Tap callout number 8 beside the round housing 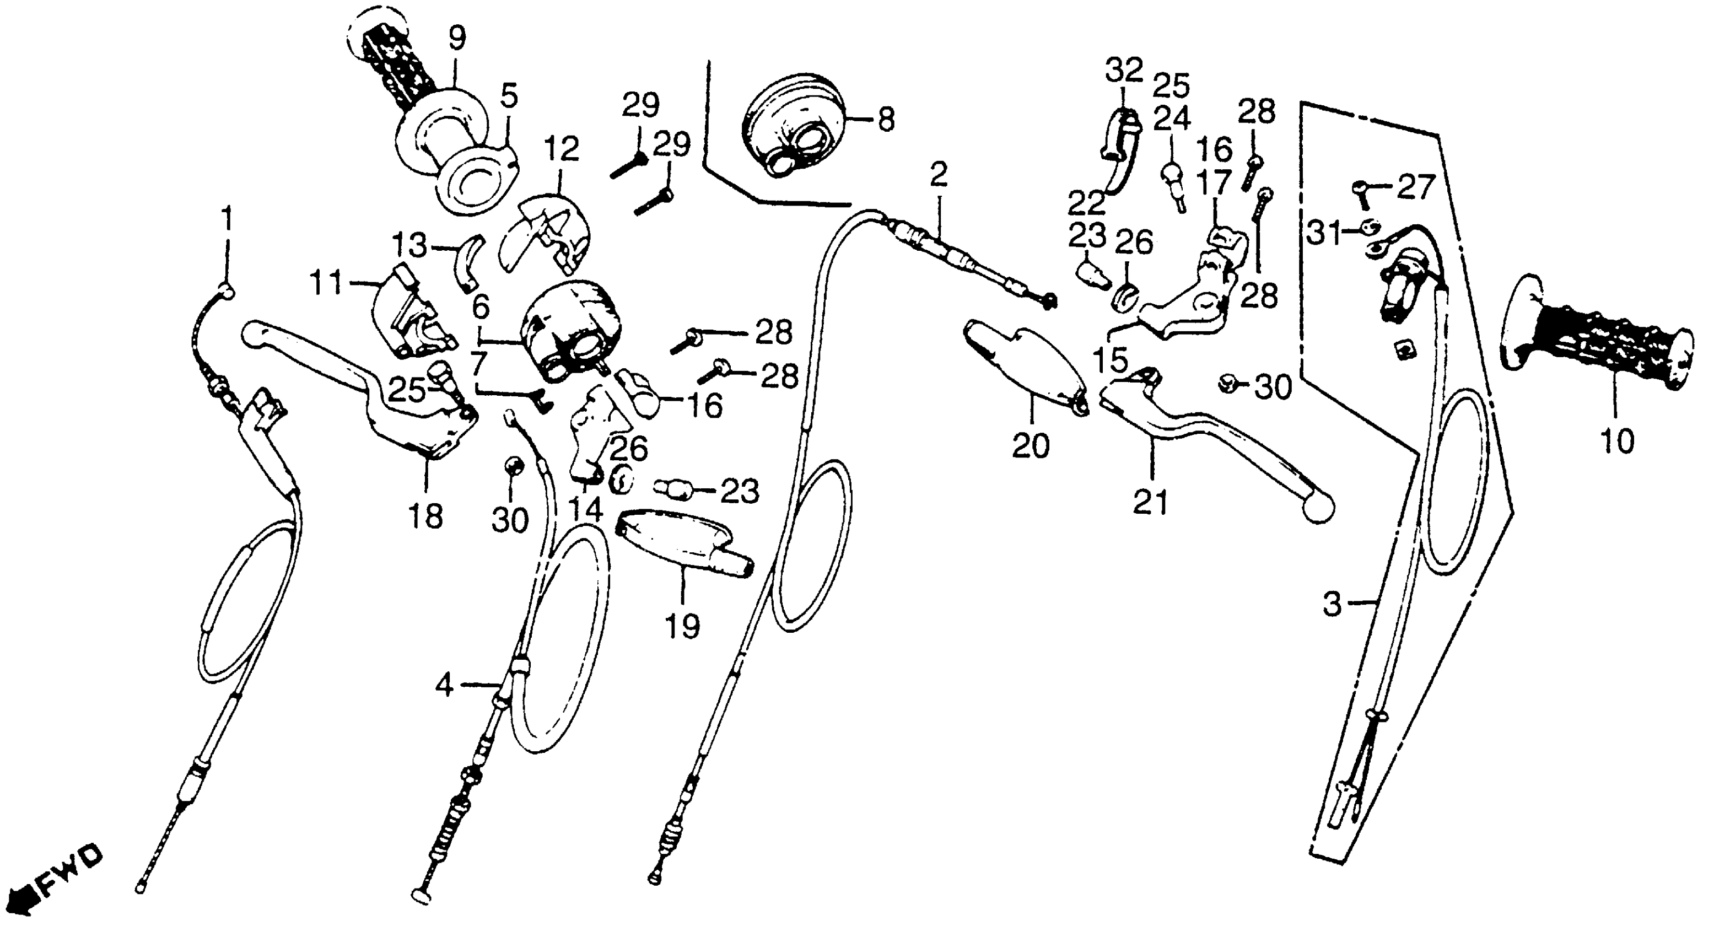(x=886, y=121)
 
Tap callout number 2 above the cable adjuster (x=937, y=175)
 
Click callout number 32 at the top (x=1124, y=69)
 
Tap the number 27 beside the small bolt (x=1415, y=187)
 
